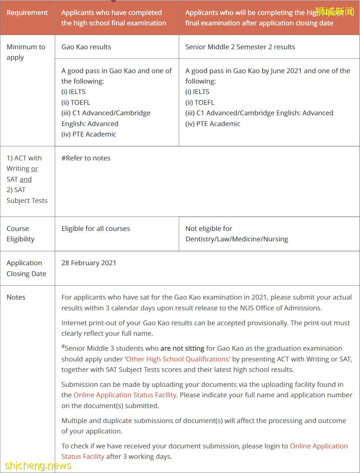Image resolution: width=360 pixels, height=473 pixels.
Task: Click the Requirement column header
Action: tap(27, 13)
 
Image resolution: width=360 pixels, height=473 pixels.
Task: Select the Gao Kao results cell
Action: tap(86, 47)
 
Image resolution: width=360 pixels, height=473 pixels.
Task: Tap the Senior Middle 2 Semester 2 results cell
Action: tap(240, 47)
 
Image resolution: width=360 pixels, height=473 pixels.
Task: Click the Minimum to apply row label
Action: tap(26, 52)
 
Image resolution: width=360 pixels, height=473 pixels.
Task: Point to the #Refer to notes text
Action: tap(86, 158)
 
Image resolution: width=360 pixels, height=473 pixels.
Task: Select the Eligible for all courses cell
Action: tap(96, 229)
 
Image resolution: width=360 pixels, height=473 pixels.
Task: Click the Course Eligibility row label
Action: tap(21, 234)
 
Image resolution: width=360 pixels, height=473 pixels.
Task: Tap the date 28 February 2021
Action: tap(89, 263)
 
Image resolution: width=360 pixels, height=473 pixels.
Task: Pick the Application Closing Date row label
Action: tap(26, 268)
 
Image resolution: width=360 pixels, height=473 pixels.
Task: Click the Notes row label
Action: tap(16, 297)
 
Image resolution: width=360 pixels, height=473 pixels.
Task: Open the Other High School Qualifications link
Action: tap(177, 359)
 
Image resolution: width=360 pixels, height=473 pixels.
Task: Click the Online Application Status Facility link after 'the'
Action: tap(125, 395)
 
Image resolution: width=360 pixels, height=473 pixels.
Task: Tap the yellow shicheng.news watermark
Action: tap(38, 466)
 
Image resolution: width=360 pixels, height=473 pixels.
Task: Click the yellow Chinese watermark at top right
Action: tap(334, 12)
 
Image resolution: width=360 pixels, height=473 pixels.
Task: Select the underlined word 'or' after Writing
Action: tap(34, 169)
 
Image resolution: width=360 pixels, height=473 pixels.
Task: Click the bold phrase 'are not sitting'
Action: tap(182, 348)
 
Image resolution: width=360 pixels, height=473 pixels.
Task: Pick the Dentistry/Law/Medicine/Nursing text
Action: tap(237, 239)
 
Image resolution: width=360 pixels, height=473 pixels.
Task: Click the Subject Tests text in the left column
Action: tap(27, 201)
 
